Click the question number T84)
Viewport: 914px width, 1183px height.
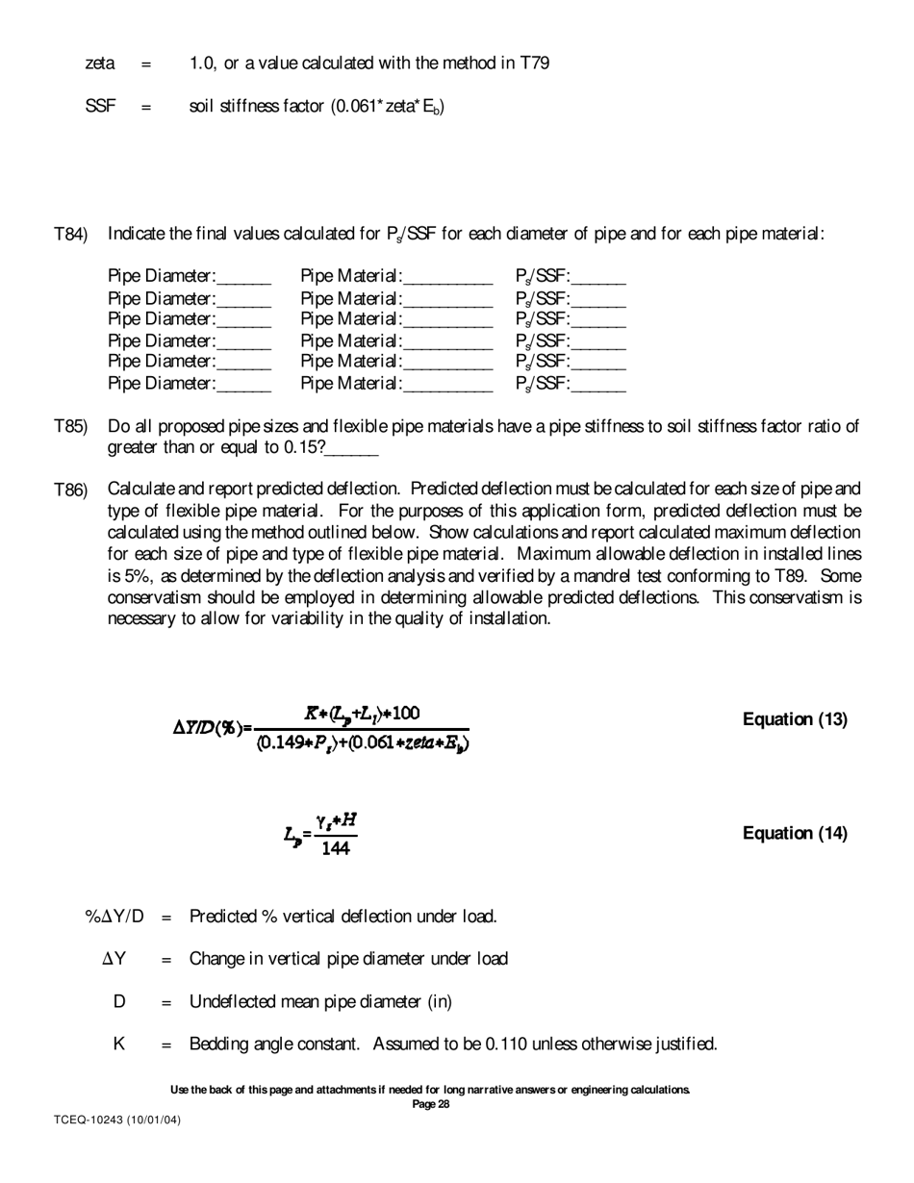[x=70, y=235]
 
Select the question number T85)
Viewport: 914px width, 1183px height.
[x=70, y=427]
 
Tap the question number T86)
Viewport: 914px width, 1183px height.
[x=70, y=491]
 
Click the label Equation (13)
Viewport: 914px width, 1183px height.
[x=795, y=719]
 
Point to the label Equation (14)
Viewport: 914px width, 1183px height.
[x=795, y=833]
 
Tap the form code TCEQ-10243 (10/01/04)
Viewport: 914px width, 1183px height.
[x=116, y=1120]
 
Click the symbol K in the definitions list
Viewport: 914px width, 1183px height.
[x=119, y=1044]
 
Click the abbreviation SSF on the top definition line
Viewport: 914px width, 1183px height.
[x=101, y=107]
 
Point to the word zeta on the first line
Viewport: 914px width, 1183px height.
[x=100, y=63]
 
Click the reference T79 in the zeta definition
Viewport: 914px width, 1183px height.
[x=535, y=63]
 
